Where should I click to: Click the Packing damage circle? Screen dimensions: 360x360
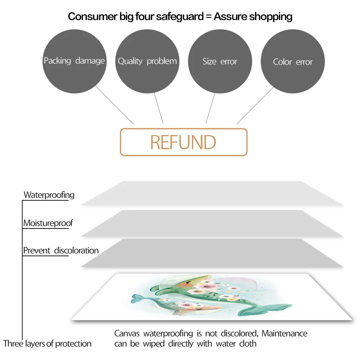pos(74,61)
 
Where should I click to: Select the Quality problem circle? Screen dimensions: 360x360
pos(147,61)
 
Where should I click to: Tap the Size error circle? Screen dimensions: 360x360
pos(220,61)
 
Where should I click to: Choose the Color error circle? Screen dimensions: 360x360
pos(293,62)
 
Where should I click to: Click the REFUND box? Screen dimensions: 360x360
pos(184,142)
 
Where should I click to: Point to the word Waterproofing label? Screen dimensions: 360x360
pos(49,195)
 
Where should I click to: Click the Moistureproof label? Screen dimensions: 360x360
pos(48,223)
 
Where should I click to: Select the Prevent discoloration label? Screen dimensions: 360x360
pos(61,250)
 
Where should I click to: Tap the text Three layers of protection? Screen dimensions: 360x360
pos(47,344)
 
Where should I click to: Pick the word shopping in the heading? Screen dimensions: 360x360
pos(272,16)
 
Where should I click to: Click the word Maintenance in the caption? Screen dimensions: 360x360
pos(284,334)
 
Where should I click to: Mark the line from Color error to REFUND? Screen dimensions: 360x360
pos(255,106)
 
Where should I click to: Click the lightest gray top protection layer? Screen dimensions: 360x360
pos(211,194)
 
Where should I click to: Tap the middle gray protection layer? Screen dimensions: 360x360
pos(211,223)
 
